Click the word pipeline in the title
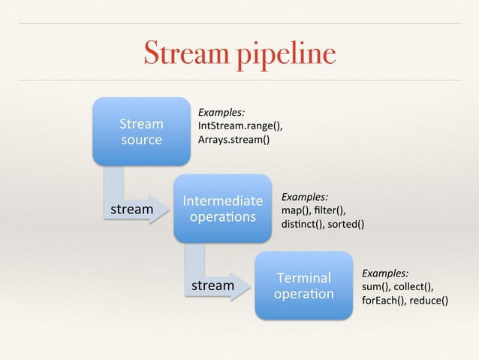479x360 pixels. click(282, 55)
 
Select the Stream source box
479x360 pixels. click(141, 131)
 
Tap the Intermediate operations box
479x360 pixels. click(222, 208)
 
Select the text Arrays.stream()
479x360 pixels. click(233, 140)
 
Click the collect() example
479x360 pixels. click(416, 287)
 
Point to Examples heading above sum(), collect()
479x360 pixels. click(385, 274)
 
